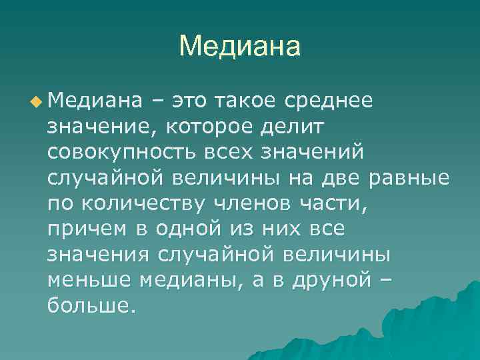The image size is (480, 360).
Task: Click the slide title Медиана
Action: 240,47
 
